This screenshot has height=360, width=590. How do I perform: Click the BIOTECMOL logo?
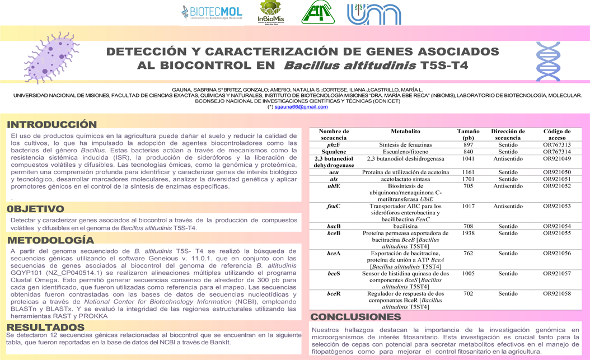click(212, 12)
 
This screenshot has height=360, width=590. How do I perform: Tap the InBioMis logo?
click(271, 12)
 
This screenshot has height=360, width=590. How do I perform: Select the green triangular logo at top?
click(318, 12)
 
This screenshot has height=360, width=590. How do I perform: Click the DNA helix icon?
click(548, 62)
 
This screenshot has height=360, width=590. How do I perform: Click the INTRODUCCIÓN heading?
click(51, 124)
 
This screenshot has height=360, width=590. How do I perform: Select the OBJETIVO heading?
click(35, 209)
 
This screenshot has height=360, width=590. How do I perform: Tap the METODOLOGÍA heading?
click(50, 240)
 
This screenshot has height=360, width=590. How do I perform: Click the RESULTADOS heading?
click(46, 327)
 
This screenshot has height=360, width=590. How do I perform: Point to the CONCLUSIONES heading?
click(356, 317)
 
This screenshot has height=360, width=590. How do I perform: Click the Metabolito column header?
click(406, 132)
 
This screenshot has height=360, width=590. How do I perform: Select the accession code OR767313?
click(556, 145)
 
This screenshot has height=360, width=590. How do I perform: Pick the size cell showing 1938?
click(468, 233)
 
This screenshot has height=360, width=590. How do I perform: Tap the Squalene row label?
click(334, 152)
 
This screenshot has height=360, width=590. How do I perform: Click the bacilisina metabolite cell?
click(406, 226)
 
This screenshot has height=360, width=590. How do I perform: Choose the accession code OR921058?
click(556, 293)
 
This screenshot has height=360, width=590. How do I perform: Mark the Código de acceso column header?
click(556, 134)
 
